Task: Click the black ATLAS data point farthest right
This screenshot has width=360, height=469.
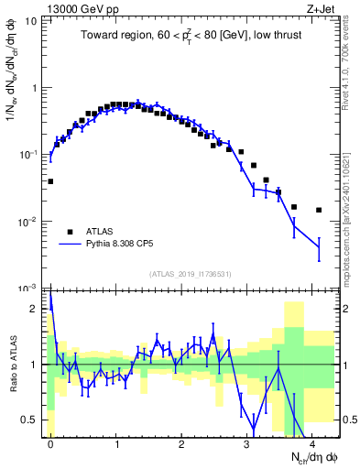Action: [x=319, y=210]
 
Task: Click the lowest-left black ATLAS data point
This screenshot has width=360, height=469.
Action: [x=50, y=181]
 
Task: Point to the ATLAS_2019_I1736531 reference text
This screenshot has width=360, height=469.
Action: [x=190, y=274]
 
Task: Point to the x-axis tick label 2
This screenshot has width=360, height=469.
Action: [x=181, y=442]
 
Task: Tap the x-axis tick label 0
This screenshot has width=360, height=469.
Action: [x=50, y=442]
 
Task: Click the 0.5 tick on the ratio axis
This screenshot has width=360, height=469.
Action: [x=34, y=420]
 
